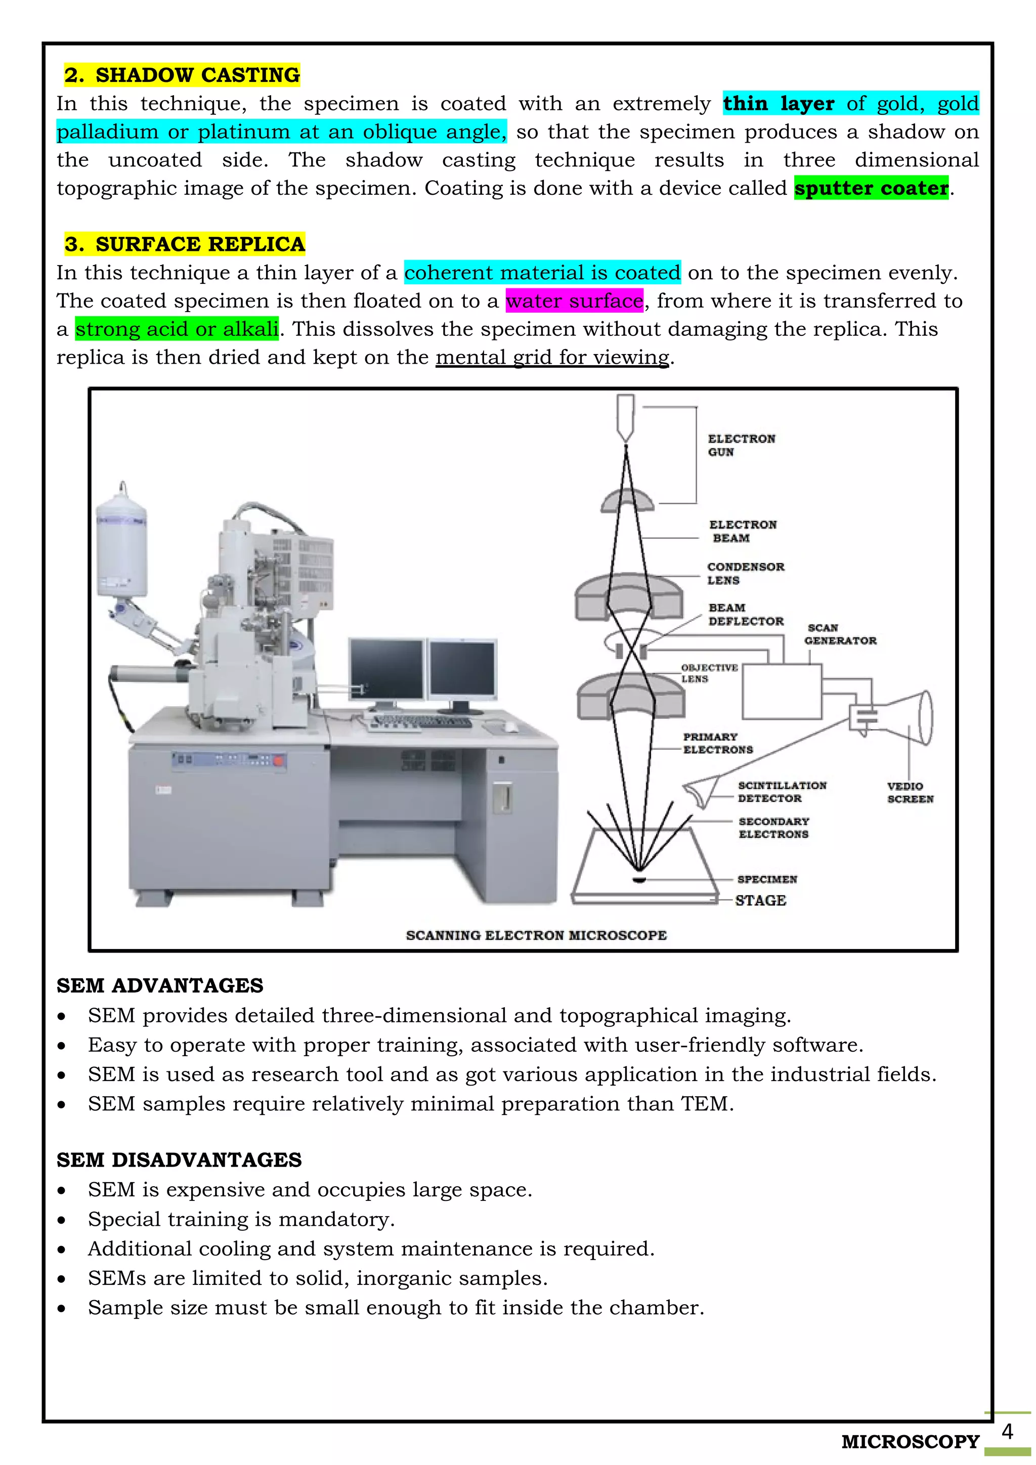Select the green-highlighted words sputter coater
[872, 188]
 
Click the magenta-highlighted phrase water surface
[574, 300]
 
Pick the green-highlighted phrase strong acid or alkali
[177, 329]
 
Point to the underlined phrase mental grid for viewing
[552, 357]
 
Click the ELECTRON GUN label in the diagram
[741, 445]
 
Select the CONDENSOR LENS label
[745, 574]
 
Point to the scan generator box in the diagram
[782, 692]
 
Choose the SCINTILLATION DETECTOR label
[782, 792]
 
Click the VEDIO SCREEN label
[910, 793]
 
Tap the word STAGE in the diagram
[760, 900]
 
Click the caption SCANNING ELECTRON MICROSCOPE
[536, 935]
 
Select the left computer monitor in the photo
[386, 670]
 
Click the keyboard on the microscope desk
[421, 722]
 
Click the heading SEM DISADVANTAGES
[179, 1160]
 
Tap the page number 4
[1007, 1432]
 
